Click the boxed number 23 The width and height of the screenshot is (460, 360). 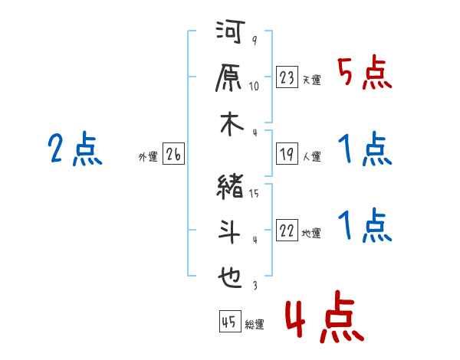[287, 77]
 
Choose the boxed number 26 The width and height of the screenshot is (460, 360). [173, 155]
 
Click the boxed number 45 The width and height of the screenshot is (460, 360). [229, 322]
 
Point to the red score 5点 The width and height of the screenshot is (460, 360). [364, 74]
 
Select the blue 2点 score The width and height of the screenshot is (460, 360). [75, 149]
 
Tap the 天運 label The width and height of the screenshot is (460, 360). [311, 80]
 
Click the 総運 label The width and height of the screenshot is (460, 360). [254, 325]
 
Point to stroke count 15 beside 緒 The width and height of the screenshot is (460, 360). [254, 194]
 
